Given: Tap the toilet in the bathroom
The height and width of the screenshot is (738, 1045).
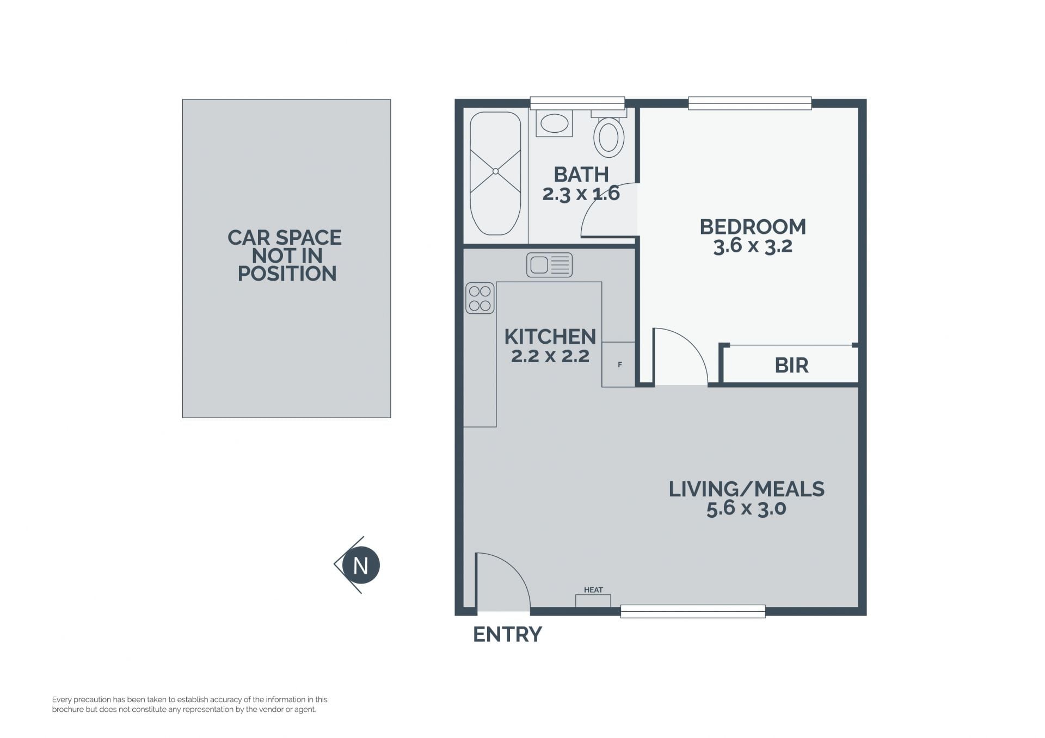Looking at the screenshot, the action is (x=608, y=134).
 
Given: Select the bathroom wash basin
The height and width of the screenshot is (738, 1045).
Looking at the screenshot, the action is (x=554, y=123).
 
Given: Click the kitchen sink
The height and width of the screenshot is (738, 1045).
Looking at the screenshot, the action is (x=549, y=265).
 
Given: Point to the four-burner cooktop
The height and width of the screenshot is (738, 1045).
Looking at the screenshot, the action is (x=480, y=298).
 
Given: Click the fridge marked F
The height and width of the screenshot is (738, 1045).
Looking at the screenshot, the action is (x=619, y=364).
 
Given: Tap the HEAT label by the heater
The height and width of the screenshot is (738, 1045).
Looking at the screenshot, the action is (x=593, y=590).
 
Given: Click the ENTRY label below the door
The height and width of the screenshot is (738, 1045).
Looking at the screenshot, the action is (x=507, y=634).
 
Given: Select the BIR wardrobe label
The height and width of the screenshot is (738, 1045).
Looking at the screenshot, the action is (x=791, y=365).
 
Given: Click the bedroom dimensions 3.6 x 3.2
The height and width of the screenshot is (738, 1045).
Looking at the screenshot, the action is (x=753, y=246).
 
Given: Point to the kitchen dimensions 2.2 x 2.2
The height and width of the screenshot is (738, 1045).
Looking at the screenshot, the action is (x=550, y=356).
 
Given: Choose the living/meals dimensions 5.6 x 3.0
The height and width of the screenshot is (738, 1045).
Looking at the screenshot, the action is (x=746, y=509).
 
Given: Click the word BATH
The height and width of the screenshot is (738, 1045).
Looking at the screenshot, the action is (x=581, y=175).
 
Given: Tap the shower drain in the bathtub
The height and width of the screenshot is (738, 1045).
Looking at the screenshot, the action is (x=495, y=171).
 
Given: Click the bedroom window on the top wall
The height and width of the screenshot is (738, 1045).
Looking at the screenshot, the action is (x=750, y=103).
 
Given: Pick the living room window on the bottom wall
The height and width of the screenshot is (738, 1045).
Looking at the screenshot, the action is (x=693, y=611).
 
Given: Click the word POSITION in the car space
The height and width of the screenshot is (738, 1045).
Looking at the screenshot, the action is (x=287, y=274).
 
